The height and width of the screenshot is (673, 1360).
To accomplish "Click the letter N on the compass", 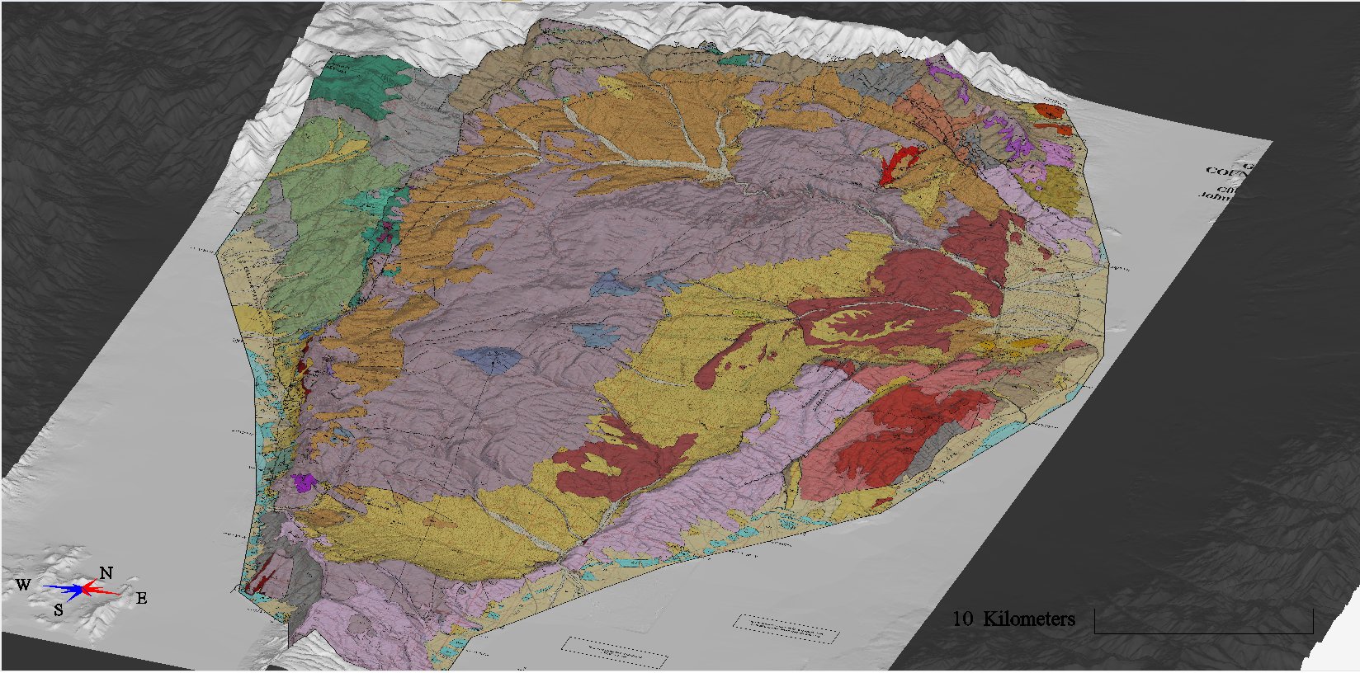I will pos(106,572).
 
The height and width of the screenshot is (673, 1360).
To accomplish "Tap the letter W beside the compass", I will pos(23,585).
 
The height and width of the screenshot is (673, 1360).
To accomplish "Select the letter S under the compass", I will pos(59,610).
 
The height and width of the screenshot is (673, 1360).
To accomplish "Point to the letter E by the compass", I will pos(142,599).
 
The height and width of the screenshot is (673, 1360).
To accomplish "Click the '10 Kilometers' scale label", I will pos(1013,619).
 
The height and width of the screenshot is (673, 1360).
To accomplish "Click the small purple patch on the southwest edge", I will pos(305,482).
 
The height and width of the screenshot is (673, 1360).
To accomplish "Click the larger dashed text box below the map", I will pos(615,651).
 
